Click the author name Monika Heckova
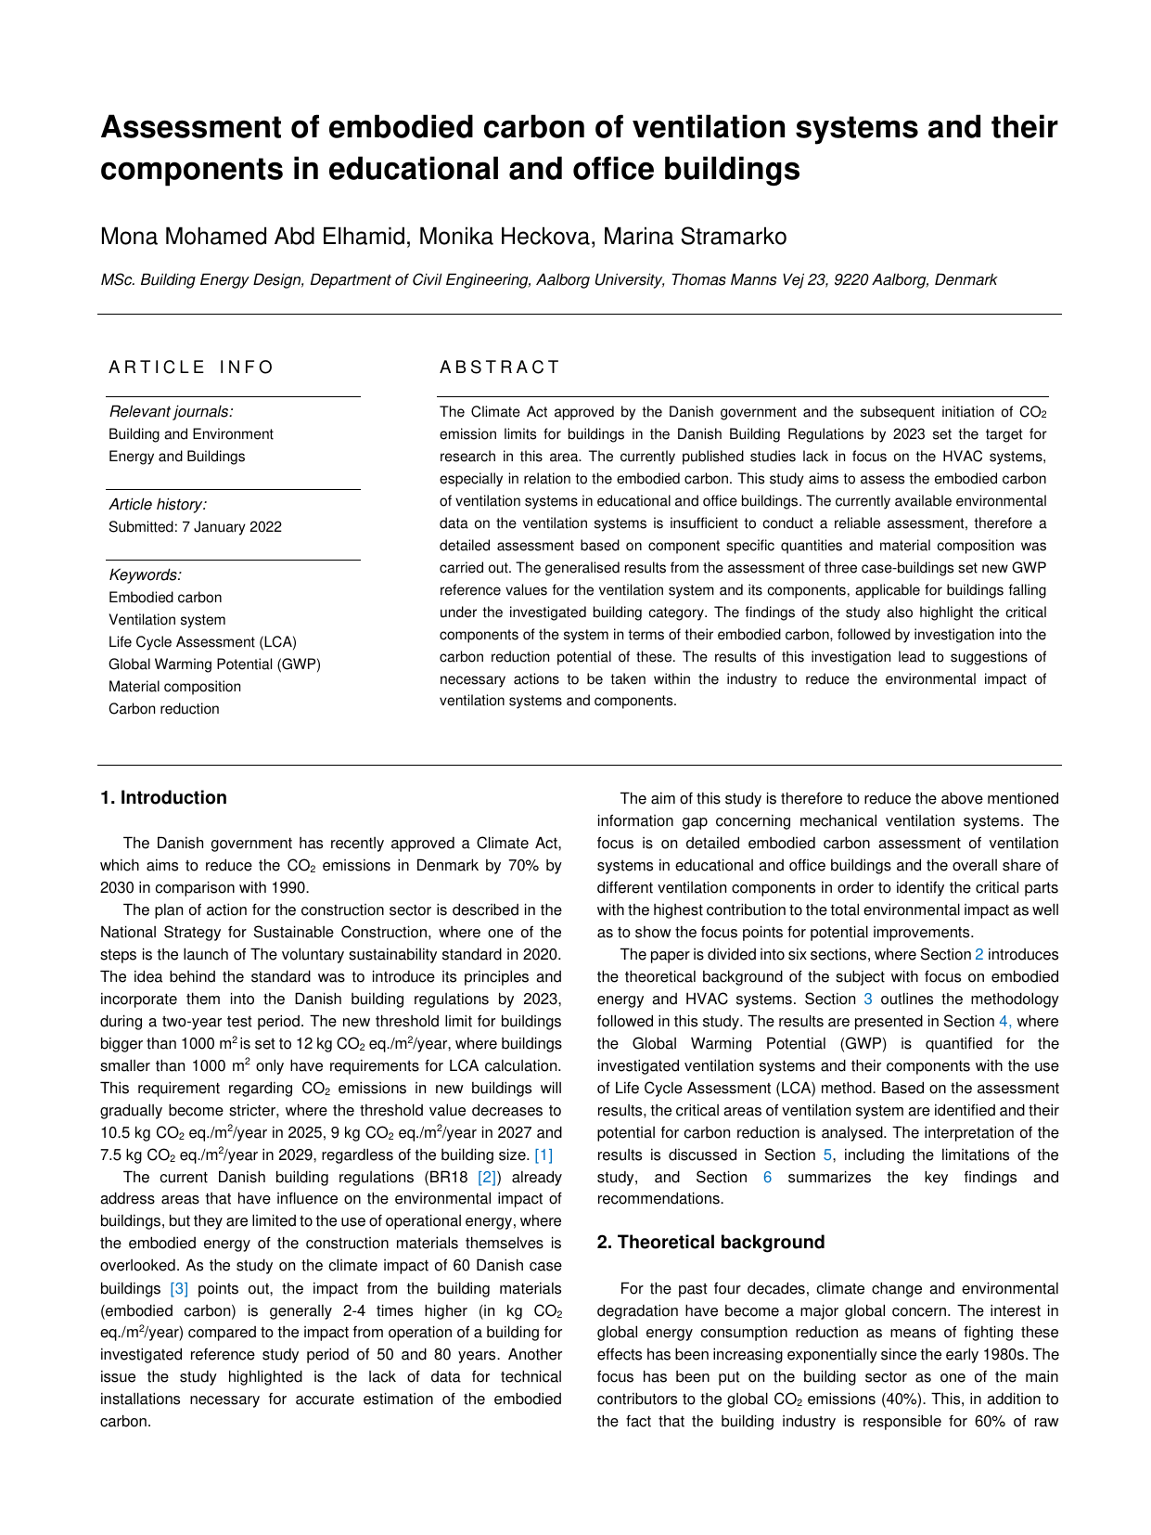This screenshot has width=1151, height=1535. point(505,237)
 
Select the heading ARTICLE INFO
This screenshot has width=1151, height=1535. point(191,368)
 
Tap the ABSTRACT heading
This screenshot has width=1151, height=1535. point(500,368)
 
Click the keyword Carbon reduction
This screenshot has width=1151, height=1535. point(164,709)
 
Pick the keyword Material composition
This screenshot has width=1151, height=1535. point(174,687)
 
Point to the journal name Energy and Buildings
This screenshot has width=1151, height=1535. point(176,457)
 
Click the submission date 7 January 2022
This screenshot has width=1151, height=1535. point(232,527)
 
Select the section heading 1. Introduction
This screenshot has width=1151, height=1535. point(163,798)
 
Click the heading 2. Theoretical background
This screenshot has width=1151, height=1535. point(710,1243)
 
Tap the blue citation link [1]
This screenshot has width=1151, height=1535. point(544,1155)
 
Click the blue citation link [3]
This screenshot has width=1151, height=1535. point(179,1289)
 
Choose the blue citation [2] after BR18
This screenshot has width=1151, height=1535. point(487,1178)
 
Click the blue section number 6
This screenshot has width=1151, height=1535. point(767,1178)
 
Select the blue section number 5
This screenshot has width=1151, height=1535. point(827,1155)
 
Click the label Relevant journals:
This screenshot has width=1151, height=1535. point(171,412)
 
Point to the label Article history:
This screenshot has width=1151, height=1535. point(158,505)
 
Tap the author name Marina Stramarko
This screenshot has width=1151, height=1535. point(695,237)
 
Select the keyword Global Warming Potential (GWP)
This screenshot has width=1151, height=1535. point(214,664)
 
